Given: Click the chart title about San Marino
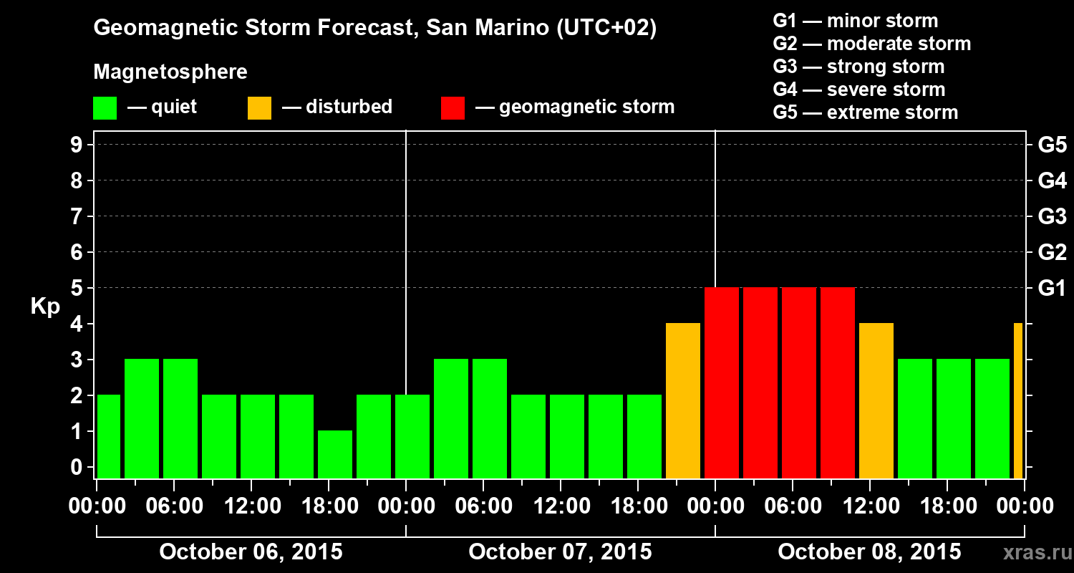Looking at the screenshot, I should pos(374,28).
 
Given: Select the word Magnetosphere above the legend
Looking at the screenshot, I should pos(170,72).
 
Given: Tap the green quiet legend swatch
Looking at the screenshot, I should pos(105,107).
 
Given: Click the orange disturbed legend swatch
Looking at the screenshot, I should pos(259,107).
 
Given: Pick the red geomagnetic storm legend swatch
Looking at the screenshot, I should pos(453,107).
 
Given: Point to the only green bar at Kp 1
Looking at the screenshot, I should pos(335,454).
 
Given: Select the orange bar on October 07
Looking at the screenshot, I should pos(683,401).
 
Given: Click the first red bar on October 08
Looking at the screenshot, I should pos(722,383).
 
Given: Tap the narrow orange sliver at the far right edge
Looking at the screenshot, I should pos(1018,401).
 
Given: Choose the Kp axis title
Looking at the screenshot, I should pos(45,307).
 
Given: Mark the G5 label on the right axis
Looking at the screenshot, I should pos(1052,145).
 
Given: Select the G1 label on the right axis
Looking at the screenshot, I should pos(1052,288).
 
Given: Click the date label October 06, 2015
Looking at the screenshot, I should pos(251,552).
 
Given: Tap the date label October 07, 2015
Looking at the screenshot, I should pos(560,552).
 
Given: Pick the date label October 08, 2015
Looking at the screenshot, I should pos(869,552).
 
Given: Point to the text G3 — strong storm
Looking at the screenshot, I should pos(858,67).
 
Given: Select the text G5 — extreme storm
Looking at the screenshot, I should pos(865,112).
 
